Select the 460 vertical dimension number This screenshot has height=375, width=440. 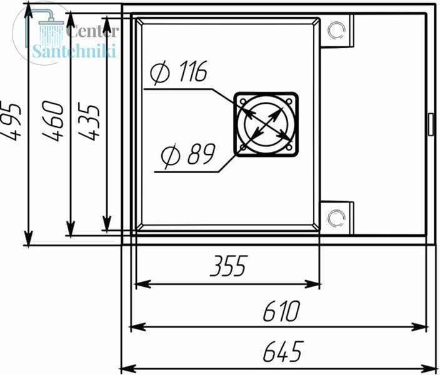53,121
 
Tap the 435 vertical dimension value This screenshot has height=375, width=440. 89,121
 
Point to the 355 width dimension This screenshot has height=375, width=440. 229,266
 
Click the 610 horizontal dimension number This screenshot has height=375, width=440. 281,311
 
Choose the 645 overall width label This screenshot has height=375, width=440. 283,351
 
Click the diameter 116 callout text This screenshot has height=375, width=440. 179,72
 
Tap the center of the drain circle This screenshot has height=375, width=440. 266,124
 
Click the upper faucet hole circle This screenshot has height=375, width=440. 336,31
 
